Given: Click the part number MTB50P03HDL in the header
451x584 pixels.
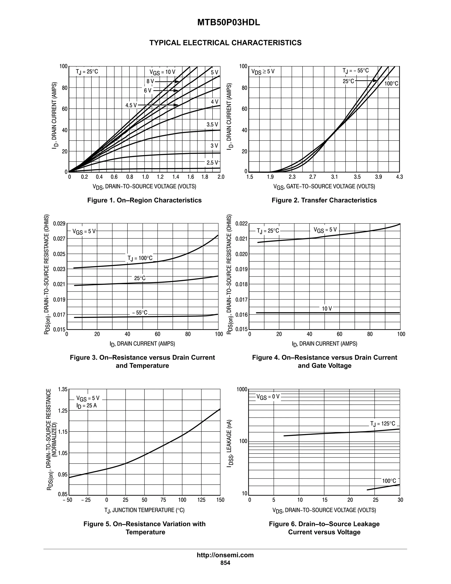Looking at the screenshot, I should pos(228,23).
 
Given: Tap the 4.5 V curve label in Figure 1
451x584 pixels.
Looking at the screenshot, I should pos(131,105).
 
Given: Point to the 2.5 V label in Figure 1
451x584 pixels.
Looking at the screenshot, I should pos(212,163).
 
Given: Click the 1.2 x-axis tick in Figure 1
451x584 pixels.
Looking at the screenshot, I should pos(160,177).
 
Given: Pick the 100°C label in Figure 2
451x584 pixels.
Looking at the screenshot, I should pos(391,84).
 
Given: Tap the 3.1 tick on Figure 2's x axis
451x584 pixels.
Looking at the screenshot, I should pos(334,177).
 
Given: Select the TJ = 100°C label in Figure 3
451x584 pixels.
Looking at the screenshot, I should pos(140,258).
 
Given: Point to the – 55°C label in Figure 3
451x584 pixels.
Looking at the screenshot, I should pos(139,312).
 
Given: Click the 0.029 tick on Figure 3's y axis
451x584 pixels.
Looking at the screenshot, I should pos(59,223).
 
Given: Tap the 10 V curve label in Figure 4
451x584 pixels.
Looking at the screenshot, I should pos(327,309).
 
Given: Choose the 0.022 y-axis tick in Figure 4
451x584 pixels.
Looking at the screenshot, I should pos(242,223).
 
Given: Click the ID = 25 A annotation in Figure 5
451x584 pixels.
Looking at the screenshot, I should pos(86,406).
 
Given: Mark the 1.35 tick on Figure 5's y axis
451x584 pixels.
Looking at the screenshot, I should pos(63,389).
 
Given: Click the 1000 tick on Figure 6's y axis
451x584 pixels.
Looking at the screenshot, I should pos(242,389).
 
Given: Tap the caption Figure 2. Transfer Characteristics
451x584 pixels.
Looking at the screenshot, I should pos(324,200).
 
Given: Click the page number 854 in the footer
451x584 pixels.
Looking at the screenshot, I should pos(225,563).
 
